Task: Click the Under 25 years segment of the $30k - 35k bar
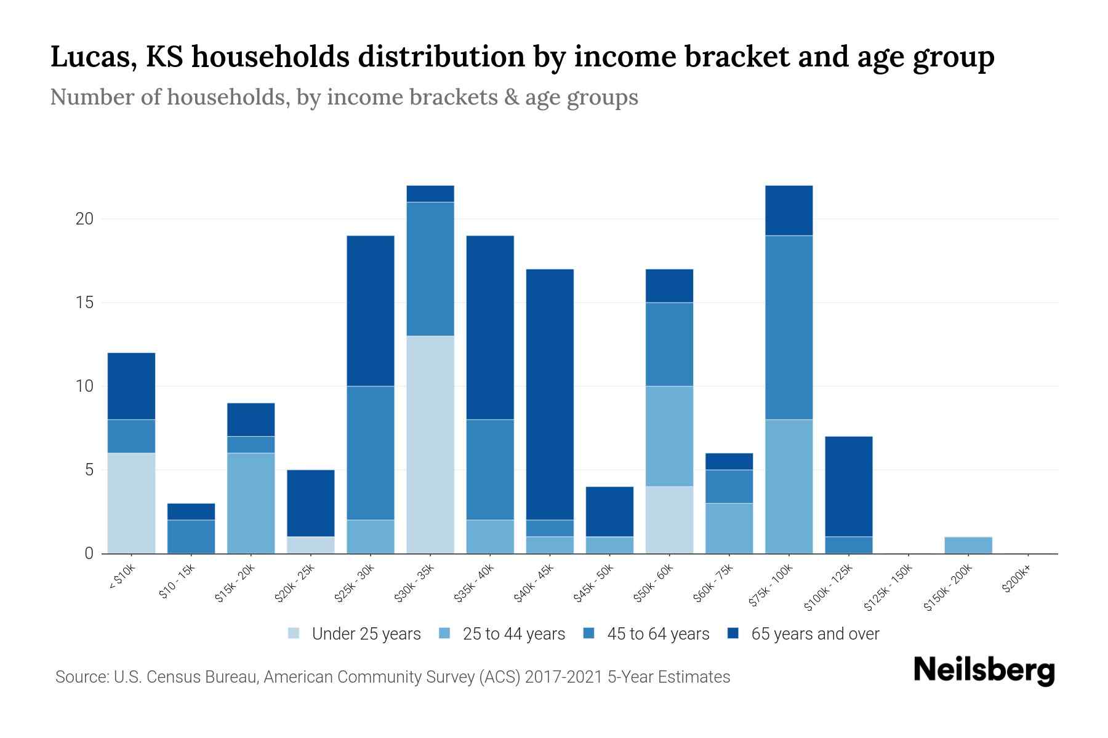pos(430,444)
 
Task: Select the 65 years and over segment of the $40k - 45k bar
pos(550,394)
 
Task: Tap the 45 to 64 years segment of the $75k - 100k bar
pos(789,327)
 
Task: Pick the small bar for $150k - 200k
pos(968,545)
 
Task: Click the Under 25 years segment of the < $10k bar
pos(131,503)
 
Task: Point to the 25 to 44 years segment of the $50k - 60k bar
pos(669,436)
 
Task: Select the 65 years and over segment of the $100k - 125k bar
pos(848,486)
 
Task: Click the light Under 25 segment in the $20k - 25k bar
pos(311,545)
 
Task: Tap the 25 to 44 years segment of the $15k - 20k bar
pos(251,503)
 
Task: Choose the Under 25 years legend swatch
pos(294,633)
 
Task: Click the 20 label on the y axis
pos(84,219)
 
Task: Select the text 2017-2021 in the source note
pos(564,677)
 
